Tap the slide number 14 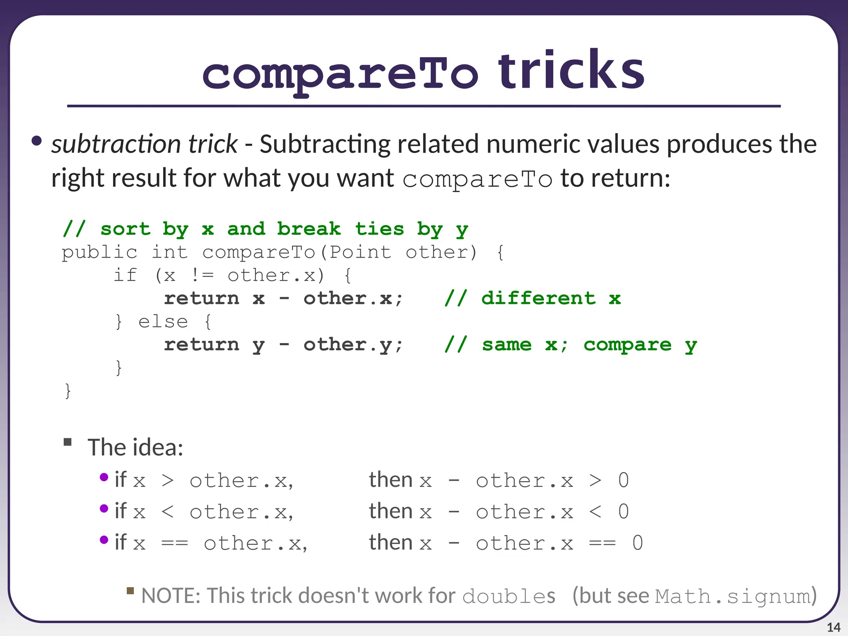pos(833,627)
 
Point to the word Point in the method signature pos(360,252)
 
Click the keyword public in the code pos(99,252)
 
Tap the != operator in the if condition pos(202,275)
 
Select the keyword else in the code pos(163,321)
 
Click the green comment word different pos(538,298)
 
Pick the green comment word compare pos(627,344)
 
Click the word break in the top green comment pos(309,229)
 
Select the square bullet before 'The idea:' pos(67,442)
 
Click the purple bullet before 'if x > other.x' pos(104,477)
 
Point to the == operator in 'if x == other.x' pos(174,543)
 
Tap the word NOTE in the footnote pos(170,596)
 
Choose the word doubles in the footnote pos(508,596)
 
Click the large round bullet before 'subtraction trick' pos(37,141)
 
